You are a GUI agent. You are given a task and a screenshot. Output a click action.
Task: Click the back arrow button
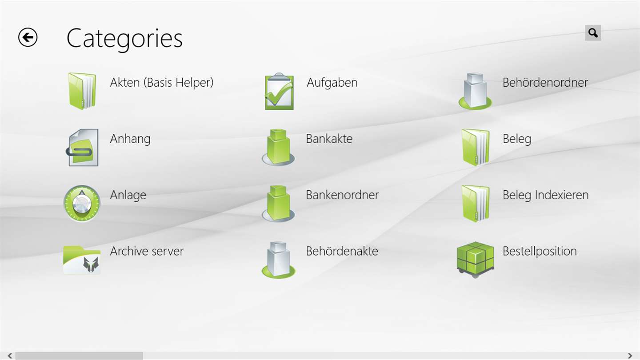click(x=28, y=37)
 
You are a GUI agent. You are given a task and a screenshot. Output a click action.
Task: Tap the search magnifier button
click(x=593, y=33)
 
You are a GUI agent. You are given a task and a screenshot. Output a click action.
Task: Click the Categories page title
click(x=124, y=39)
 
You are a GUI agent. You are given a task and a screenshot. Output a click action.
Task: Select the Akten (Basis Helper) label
click(x=162, y=83)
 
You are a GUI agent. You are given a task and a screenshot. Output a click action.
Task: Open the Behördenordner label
click(x=545, y=83)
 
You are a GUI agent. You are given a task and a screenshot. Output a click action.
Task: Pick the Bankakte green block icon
click(x=278, y=148)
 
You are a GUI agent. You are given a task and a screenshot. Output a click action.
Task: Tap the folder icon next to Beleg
click(x=476, y=148)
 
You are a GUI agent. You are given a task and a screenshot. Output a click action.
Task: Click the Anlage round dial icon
click(x=82, y=204)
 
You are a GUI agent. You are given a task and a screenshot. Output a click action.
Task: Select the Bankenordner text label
click(x=342, y=195)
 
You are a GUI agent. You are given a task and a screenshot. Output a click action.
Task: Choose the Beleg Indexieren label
click(x=546, y=195)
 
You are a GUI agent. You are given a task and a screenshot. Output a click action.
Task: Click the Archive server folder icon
click(x=82, y=260)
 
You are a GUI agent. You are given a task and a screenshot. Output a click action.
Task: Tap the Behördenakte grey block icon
click(x=278, y=260)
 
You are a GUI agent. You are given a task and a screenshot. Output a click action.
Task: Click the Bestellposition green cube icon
click(x=476, y=260)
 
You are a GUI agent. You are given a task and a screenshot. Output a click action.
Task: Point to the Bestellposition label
click(x=540, y=252)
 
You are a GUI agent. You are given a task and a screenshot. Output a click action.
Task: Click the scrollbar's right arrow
click(x=630, y=356)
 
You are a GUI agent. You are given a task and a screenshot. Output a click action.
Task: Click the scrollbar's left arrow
click(x=10, y=356)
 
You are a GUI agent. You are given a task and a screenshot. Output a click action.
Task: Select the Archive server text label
click(x=147, y=251)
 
